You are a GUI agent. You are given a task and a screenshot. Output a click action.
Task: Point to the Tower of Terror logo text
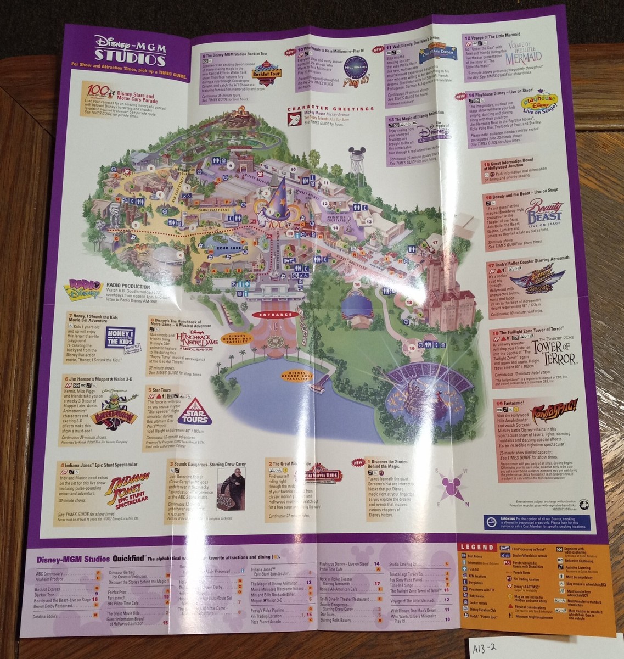[x=554, y=353]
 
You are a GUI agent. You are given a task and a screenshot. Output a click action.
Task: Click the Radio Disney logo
[x=86, y=289]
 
